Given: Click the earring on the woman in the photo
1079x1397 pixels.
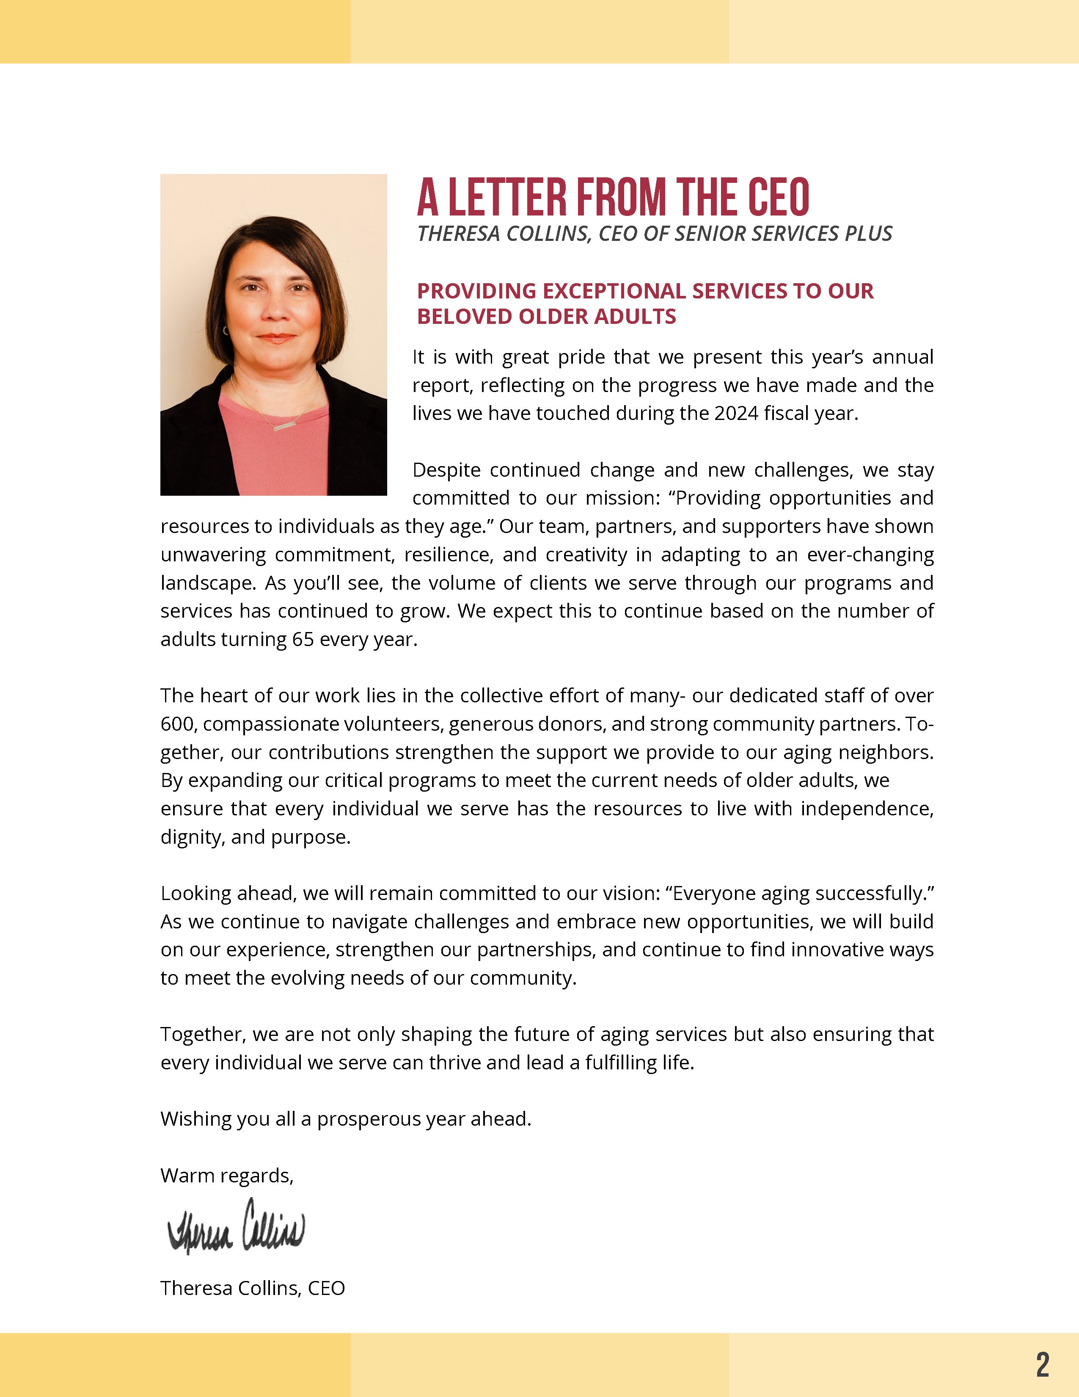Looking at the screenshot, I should click(226, 330).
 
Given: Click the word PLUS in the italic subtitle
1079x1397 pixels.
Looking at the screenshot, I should click(868, 234).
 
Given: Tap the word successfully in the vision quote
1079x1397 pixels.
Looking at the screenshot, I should click(865, 894).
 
